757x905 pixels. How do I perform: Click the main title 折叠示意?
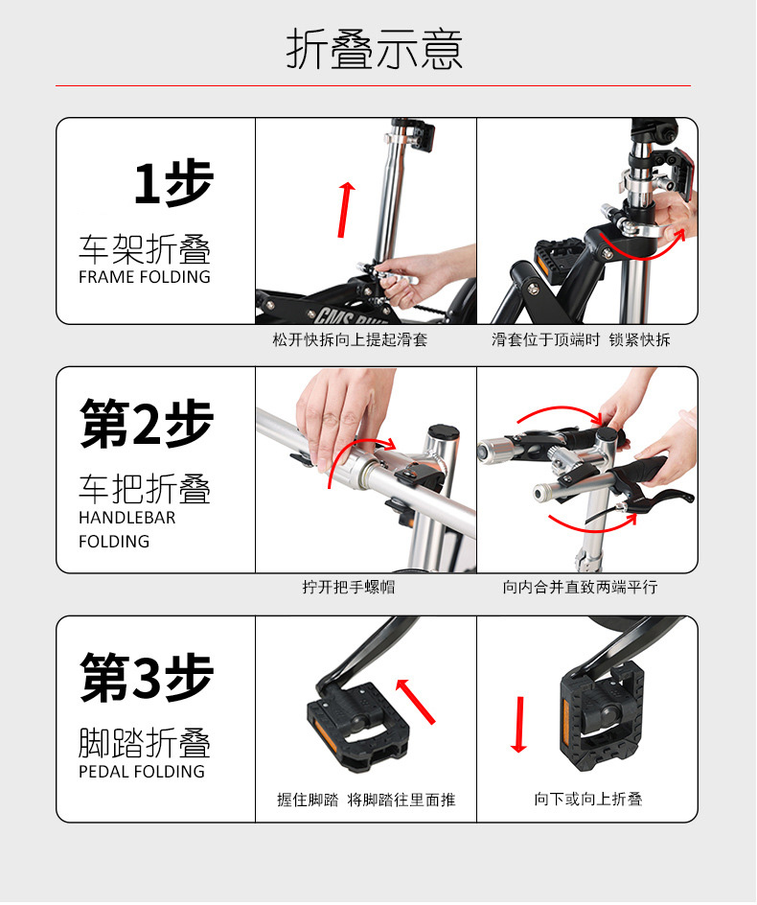(x=375, y=49)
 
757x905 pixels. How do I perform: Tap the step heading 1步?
(x=173, y=183)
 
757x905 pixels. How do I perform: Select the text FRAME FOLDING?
(x=145, y=276)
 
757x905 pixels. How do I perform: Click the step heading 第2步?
(x=147, y=423)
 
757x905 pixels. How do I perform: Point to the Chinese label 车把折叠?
(x=145, y=489)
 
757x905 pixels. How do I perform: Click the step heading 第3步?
(x=147, y=678)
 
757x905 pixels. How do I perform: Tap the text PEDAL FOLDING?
(x=142, y=771)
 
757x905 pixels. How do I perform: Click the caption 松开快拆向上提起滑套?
(x=350, y=339)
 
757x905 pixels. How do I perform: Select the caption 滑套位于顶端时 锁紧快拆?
(x=581, y=339)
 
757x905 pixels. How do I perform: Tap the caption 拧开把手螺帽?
(x=349, y=587)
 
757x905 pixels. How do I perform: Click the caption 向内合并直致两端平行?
(x=580, y=587)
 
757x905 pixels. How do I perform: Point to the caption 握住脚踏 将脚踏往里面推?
(x=366, y=800)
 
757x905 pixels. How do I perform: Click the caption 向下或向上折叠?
(x=588, y=799)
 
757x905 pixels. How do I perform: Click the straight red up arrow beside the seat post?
(x=345, y=210)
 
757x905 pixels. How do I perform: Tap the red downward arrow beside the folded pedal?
(x=519, y=725)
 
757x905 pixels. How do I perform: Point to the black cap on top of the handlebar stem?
(x=443, y=430)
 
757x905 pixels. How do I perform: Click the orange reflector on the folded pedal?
(x=566, y=720)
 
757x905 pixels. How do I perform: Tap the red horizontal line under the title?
(x=373, y=86)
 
